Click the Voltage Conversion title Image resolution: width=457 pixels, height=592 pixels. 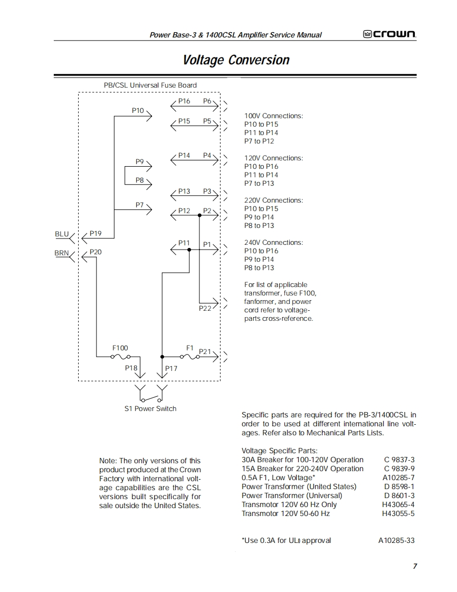click(x=236, y=60)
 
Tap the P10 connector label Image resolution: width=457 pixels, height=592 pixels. click(x=138, y=110)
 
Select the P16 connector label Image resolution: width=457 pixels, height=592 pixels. click(x=184, y=101)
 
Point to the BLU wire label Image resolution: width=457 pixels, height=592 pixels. click(x=62, y=234)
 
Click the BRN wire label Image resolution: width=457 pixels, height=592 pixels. click(x=62, y=253)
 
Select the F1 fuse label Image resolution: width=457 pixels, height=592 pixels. click(x=190, y=348)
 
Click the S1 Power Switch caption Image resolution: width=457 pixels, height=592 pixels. click(x=150, y=408)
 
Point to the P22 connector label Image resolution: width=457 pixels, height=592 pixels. click(x=205, y=308)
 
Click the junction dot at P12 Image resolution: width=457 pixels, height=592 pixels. click(x=199, y=215)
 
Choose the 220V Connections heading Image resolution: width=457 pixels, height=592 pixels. click(x=273, y=200)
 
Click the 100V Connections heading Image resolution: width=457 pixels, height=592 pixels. click(x=273, y=116)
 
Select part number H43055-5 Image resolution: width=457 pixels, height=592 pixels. click(x=398, y=513)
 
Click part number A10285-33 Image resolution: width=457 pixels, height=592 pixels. click(x=396, y=540)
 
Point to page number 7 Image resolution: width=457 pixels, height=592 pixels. click(x=415, y=566)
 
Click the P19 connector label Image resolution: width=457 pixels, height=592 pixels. click(x=96, y=233)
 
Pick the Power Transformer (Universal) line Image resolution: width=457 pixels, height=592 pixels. click(x=292, y=495)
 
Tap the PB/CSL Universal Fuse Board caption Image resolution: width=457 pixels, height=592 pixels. click(x=150, y=85)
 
